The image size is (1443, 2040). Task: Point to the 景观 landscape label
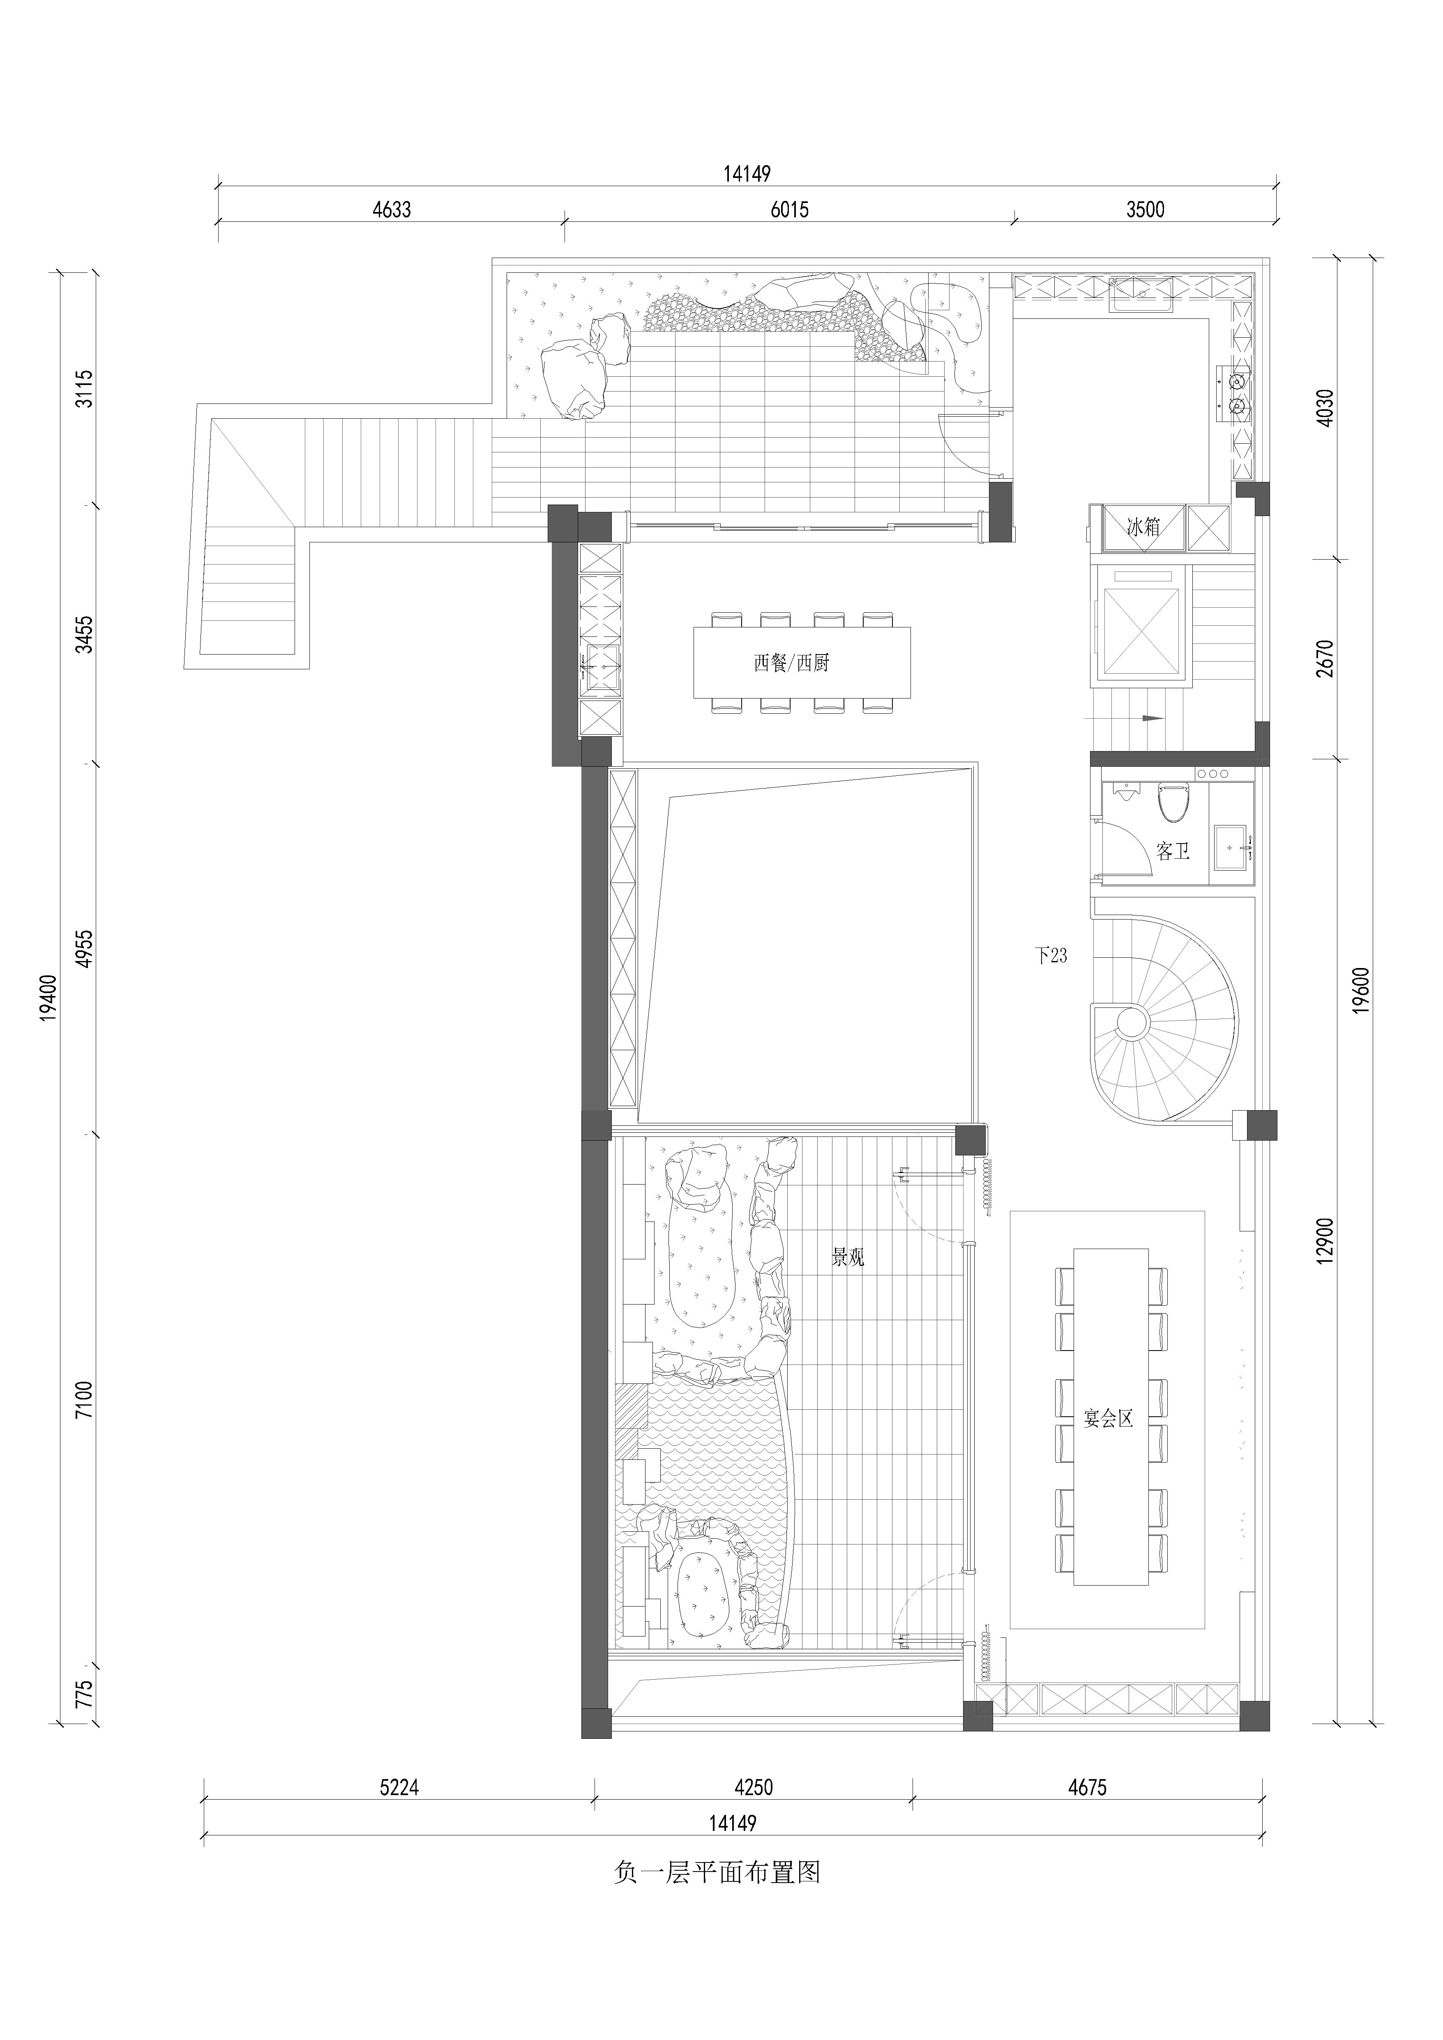[848, 1257]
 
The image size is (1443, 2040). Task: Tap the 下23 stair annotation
[1051, 956]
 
